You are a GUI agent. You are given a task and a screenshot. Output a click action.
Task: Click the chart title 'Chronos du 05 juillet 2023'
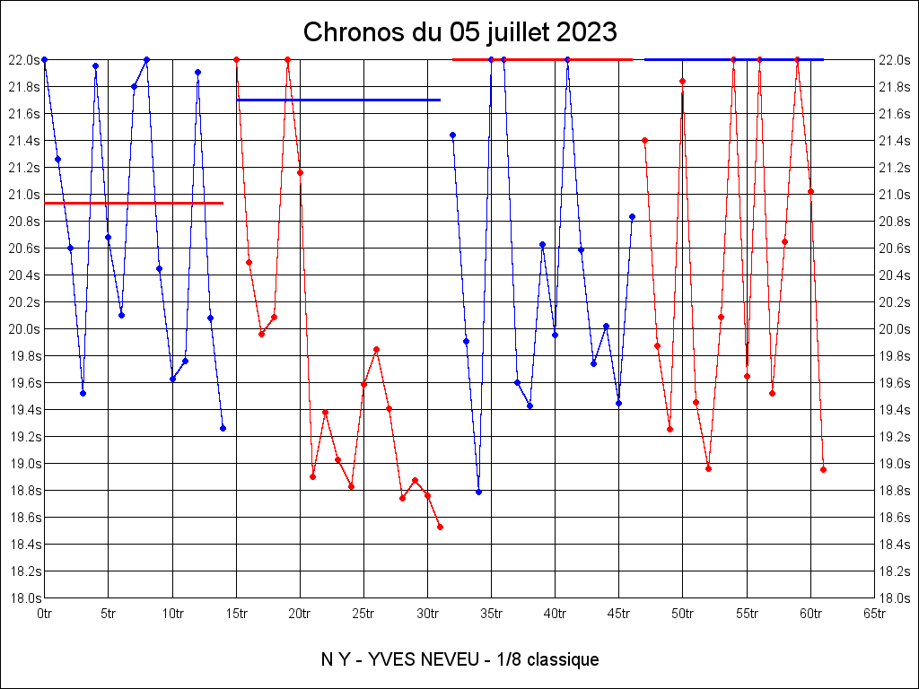pyautogui.click(x=459, y=32)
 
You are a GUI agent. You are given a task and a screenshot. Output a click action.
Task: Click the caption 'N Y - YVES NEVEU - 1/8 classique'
pyautogui.click(x=459, y=659)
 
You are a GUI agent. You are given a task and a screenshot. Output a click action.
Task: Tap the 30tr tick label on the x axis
pyautogui.click(x=427, y=614)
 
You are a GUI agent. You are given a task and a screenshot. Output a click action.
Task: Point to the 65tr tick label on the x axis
pyautogui.click(x=874, y=614)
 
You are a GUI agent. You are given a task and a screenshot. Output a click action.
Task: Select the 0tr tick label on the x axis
pyautogui.click(x=44, y=614)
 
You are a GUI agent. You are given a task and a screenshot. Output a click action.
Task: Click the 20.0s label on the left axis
pyautogui.click(x=24, y=328)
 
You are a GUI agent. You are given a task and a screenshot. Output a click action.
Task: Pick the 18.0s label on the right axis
pyautogui.click(x=896, y=597)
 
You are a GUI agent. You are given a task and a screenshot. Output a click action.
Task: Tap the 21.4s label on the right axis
pyautogui.click(x=896, y=140)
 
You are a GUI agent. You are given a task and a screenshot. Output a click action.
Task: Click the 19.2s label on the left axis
pyautogui.click(x=24, y=436)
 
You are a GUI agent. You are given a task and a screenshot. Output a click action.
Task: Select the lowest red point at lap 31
pyautogui.click(x=440, y=527)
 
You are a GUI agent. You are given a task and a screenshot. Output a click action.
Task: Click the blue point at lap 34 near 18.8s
pyautogui.click(x=478, y=492)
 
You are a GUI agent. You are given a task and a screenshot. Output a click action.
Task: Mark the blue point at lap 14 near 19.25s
pyautogui.click(x=223, y=428)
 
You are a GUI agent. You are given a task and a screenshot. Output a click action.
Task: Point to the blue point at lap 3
pyautogui.click(x=83, y=393)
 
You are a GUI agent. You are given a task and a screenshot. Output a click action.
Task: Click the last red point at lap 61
pyautogui.click(x=823, y=469)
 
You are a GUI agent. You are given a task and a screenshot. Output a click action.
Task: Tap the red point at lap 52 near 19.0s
pyautogui.click(x=708, y=468)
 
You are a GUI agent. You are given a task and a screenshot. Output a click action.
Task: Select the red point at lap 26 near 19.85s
pyautogui.click(x=376, y=349)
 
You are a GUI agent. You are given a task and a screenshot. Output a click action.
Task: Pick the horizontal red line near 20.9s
pyautogui.click(x=134, y=203)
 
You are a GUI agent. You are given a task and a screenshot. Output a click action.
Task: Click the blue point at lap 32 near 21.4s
pyautogui.click(x=452, y=135)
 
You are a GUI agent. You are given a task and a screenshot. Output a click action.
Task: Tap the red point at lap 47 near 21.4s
pyautogui.click(x=644, y=140)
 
